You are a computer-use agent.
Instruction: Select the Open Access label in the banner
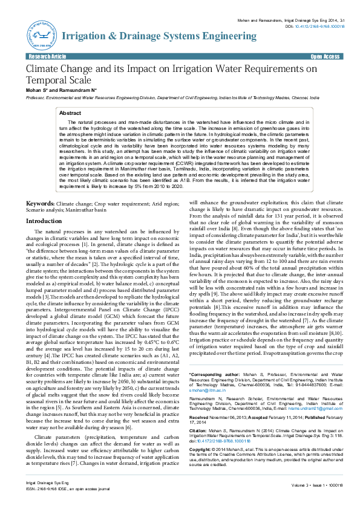point(324,56)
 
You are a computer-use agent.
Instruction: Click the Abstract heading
point(87,113)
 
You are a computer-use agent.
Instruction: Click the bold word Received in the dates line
point(199,401)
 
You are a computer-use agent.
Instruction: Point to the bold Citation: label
point(198,417)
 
